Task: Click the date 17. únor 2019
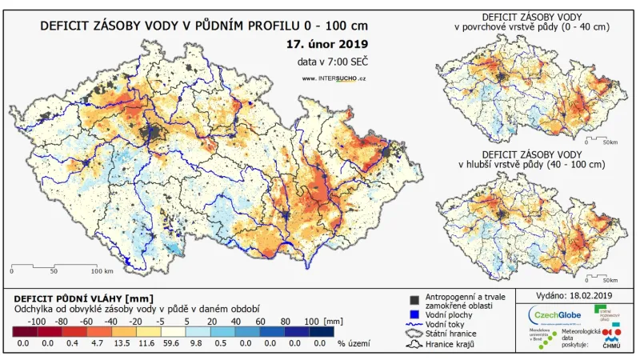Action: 324,44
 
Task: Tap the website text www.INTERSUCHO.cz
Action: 334,78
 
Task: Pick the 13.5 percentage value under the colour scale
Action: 122,343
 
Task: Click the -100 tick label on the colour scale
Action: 37,320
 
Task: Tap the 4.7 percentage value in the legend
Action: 98,343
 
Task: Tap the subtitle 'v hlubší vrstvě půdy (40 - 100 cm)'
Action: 529,164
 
